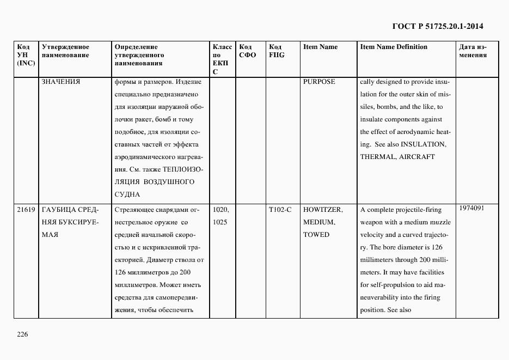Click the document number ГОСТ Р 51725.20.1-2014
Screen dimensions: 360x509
click(438, 26)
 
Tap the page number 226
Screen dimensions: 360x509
click(22, 334)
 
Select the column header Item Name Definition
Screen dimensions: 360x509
click(394, 47)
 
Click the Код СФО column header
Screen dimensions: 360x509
click(247, 51)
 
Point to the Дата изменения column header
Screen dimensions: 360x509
click(473, 51)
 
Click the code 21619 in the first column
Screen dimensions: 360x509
click(26, 210)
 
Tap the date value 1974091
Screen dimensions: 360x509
click(472, 208)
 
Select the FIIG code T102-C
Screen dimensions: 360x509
click(280, 210)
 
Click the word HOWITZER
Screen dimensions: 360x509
click(322, 210)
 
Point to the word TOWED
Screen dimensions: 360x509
click(316, 235)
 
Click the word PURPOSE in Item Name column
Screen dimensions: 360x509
click(319, 82)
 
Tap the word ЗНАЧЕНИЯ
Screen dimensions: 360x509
click(61, 82)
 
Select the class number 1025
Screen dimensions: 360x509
click(220, 222)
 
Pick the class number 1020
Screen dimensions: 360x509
click(220, 210)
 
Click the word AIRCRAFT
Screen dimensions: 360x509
click(417, 157)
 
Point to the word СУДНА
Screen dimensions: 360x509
click(128, 194)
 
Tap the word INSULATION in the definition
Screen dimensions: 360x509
click(424, 144)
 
